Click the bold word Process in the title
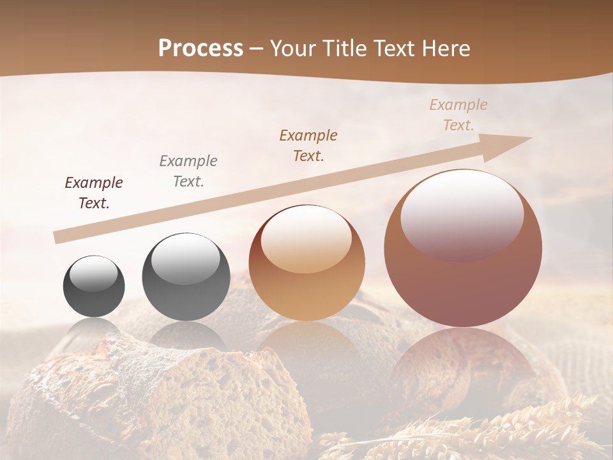[x=201, y=49]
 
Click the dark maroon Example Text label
[x=94, y=193]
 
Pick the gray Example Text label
[x=188, y=171]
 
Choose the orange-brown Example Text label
[x=308, y=146]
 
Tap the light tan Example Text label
[x=458, y=115]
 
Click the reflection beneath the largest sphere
[x=463, y=364]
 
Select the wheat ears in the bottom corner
[x=511, y=428]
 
